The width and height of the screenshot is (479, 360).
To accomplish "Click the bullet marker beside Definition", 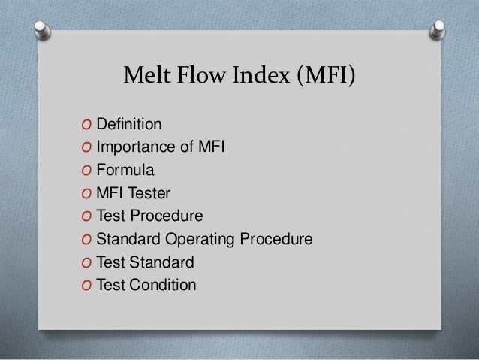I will click(80, 123).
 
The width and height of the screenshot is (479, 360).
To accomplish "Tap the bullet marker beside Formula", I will click(80, 170).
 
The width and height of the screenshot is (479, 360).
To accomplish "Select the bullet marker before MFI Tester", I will click(80, 193).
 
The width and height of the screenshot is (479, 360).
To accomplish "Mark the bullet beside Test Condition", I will click(80, 286).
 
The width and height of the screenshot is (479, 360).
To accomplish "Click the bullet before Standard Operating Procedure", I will click(80, 240).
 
